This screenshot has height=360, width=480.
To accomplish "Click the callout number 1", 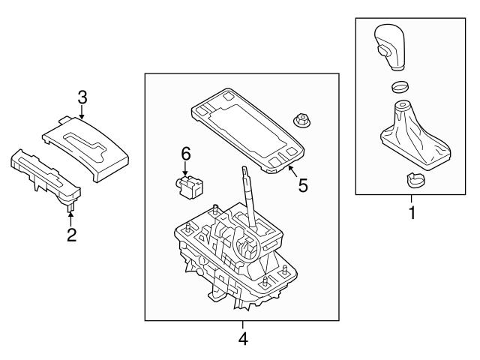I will tap(411, 213).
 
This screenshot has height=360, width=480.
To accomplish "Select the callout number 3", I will tap(82, 96).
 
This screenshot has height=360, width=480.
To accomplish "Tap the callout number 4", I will tap(242, 339).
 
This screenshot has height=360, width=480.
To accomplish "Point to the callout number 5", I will tap(303, 184).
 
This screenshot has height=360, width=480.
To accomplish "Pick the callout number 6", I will tap(186, 154).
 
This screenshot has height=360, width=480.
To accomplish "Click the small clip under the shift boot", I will tap(412, 179).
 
